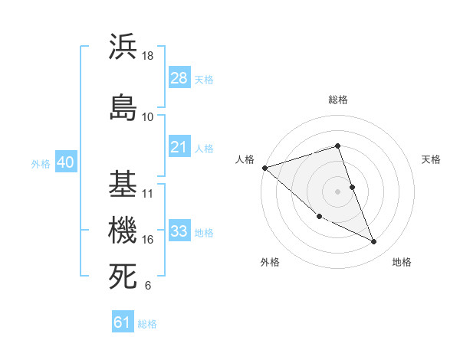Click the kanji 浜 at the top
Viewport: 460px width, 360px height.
click(x=123, y=47)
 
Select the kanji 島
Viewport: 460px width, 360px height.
click(x=123, y=106)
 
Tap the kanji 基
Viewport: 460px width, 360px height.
click(x=123, y=184)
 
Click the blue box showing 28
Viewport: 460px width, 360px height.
click(x=179, y=78)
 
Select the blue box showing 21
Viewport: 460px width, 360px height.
click(x=179, y=147)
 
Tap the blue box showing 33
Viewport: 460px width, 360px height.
click(x=179, y=231)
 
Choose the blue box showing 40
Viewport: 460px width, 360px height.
click(x=65, y=162)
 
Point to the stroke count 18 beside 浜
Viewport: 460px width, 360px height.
click(x=149, y=56)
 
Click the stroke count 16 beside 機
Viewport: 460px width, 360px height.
click(x=148, y=240)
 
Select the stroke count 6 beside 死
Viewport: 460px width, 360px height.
click(x=148, y=286)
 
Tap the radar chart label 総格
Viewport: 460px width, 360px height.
click(x=338, y=100)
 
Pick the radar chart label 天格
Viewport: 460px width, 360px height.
click(x=432, y=159)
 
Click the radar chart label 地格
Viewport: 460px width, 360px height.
click(x=402, y=262)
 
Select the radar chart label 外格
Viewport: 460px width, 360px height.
click(x=270, y=262)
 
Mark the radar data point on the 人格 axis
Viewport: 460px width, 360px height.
click(x=264, y=167)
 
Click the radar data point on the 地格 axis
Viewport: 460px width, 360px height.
click(x=374, y=242)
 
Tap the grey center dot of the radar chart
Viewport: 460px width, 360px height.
click(x=338, y=191)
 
